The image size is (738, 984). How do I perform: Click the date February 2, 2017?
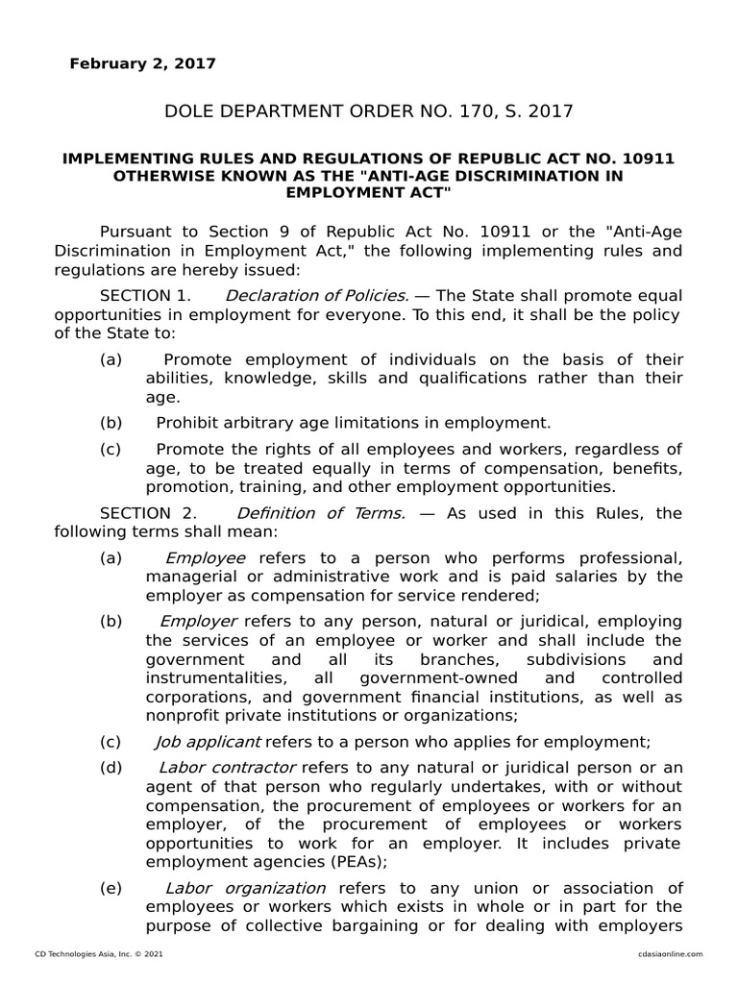(x=142, y=64)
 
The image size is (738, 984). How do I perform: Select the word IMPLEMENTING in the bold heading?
(x=126, y=160)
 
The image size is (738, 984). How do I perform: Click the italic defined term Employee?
(x=206, y=558)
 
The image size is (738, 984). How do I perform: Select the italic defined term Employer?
(x=199, y=622)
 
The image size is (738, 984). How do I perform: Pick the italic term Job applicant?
(x=208, y=742)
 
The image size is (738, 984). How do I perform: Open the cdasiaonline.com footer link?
(x=670, y=953)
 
